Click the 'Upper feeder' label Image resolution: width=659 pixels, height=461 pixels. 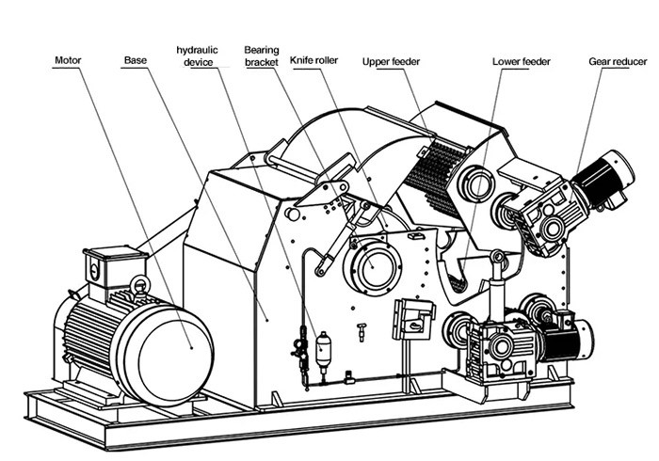tap(391, 61)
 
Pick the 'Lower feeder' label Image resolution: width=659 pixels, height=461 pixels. tap(521, 61)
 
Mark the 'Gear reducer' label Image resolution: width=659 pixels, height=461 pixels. tap(618, 61)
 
